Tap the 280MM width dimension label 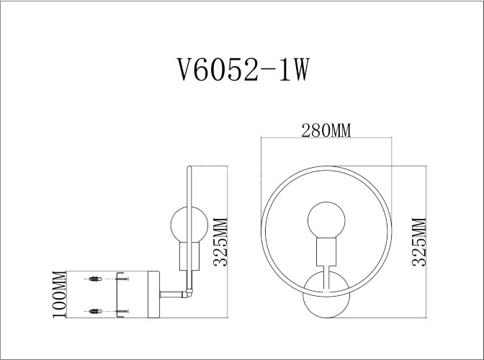click(x=326, y=130)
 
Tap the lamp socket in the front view click(x=325, y=252)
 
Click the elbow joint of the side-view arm click(x=189, y=294)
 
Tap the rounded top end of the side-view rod click(x=189, y=169)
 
